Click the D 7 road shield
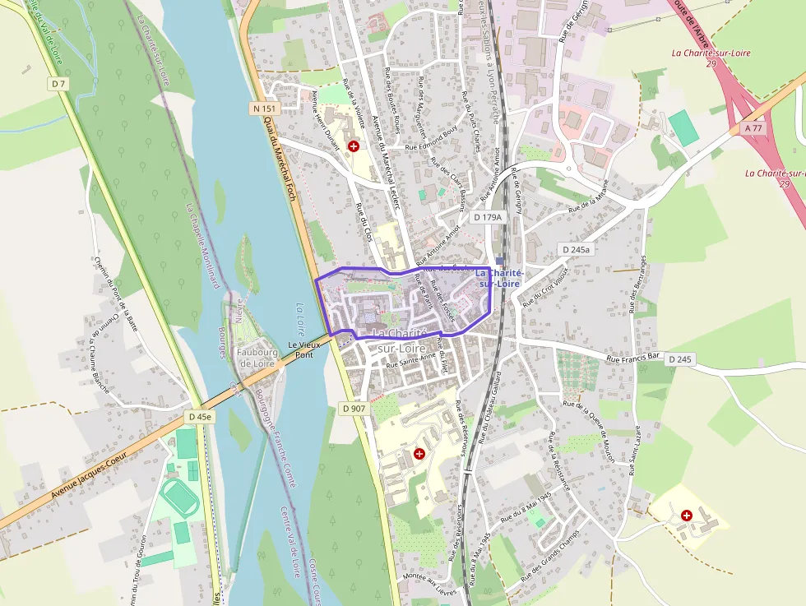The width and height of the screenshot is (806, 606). tap(57, 83)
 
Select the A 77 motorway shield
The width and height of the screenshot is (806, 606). tap(753, 128)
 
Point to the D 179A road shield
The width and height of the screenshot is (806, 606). tap(487, 217)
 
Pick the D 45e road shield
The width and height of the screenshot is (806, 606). tap(199, 417)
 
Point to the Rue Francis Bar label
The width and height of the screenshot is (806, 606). tap(633, 359)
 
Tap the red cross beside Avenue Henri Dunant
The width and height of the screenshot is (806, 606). tap(354, 146)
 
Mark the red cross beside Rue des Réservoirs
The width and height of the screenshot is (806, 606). tap(419, 453)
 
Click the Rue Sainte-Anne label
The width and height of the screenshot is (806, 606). tap(410, 359)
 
